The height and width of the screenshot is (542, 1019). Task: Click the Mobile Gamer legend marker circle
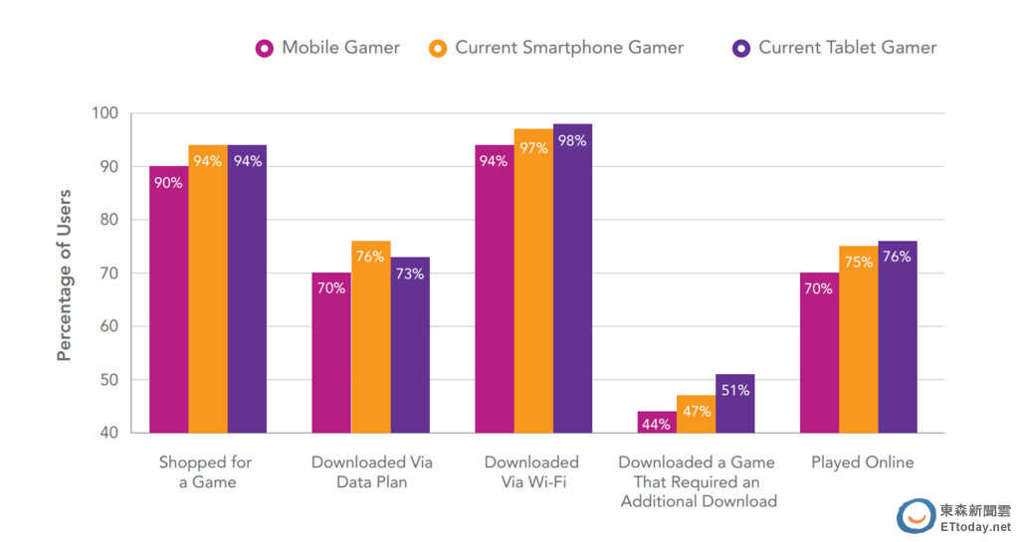[x=265, y=48]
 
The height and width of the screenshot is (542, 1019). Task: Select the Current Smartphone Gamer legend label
[x=569, y=48]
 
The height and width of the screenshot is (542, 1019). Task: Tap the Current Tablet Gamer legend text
[x=847, y=48]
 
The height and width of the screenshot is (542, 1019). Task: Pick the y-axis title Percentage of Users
[x=65, y=274]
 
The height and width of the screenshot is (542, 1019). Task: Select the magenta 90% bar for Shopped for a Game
[x=169, y=298]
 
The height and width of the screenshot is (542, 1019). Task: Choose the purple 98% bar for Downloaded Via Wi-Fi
[x=572, y=278]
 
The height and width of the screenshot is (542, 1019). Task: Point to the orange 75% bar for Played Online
[x=858, y=338]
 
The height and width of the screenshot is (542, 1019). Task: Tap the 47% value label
[x=696, y=411]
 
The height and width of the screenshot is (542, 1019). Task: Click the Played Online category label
[x=862, y=462]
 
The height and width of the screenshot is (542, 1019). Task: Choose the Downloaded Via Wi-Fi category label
[x=531, y=472]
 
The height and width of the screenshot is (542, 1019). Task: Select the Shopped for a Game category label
[x=205, y=472]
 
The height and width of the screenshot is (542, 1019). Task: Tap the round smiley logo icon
[x=916, y=516]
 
